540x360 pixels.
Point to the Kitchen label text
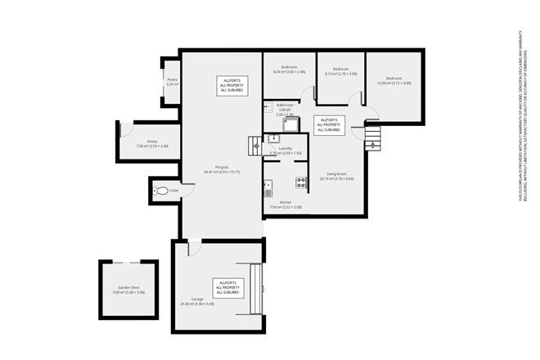(x=285, y=205)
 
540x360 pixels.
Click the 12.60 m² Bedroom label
(x=394, y=80)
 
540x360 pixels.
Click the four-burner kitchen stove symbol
(x=301, y=182)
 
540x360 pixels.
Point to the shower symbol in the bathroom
(x=290, y=124)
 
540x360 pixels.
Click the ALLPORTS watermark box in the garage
(x=227, y=288)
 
